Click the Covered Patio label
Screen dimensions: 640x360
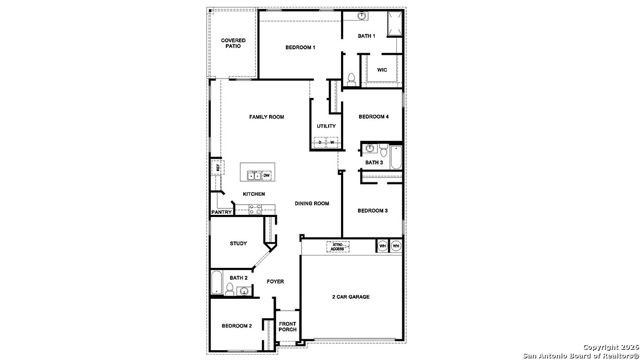tap(233, 43)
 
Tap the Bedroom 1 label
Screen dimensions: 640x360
tap(300, 47)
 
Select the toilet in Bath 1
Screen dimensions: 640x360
tap(351, 79)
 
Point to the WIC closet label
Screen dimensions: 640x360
tap(382, 70)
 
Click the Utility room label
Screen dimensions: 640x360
tap(326, 126)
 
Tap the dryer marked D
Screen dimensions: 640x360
tap(320, 142)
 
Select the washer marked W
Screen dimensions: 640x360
tap(332, 142)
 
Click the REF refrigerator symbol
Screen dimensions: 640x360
tap(218, 168)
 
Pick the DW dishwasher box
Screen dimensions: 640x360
tap(266, 175)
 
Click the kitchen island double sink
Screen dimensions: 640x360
tap(254, 176)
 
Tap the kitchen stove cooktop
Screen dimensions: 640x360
tap(256, 210)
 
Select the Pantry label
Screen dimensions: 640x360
tap(221, 212)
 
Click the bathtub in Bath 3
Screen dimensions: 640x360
tap(396, 157)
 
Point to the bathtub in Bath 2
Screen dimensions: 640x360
tap(217, 283)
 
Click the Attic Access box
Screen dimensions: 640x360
tap(337, 246)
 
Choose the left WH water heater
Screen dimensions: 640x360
tap(382, 246)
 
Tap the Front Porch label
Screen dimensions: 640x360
tap(288, 326)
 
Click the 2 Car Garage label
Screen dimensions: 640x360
tap(351, 297)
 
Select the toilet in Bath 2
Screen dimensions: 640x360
tap(230, 289)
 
